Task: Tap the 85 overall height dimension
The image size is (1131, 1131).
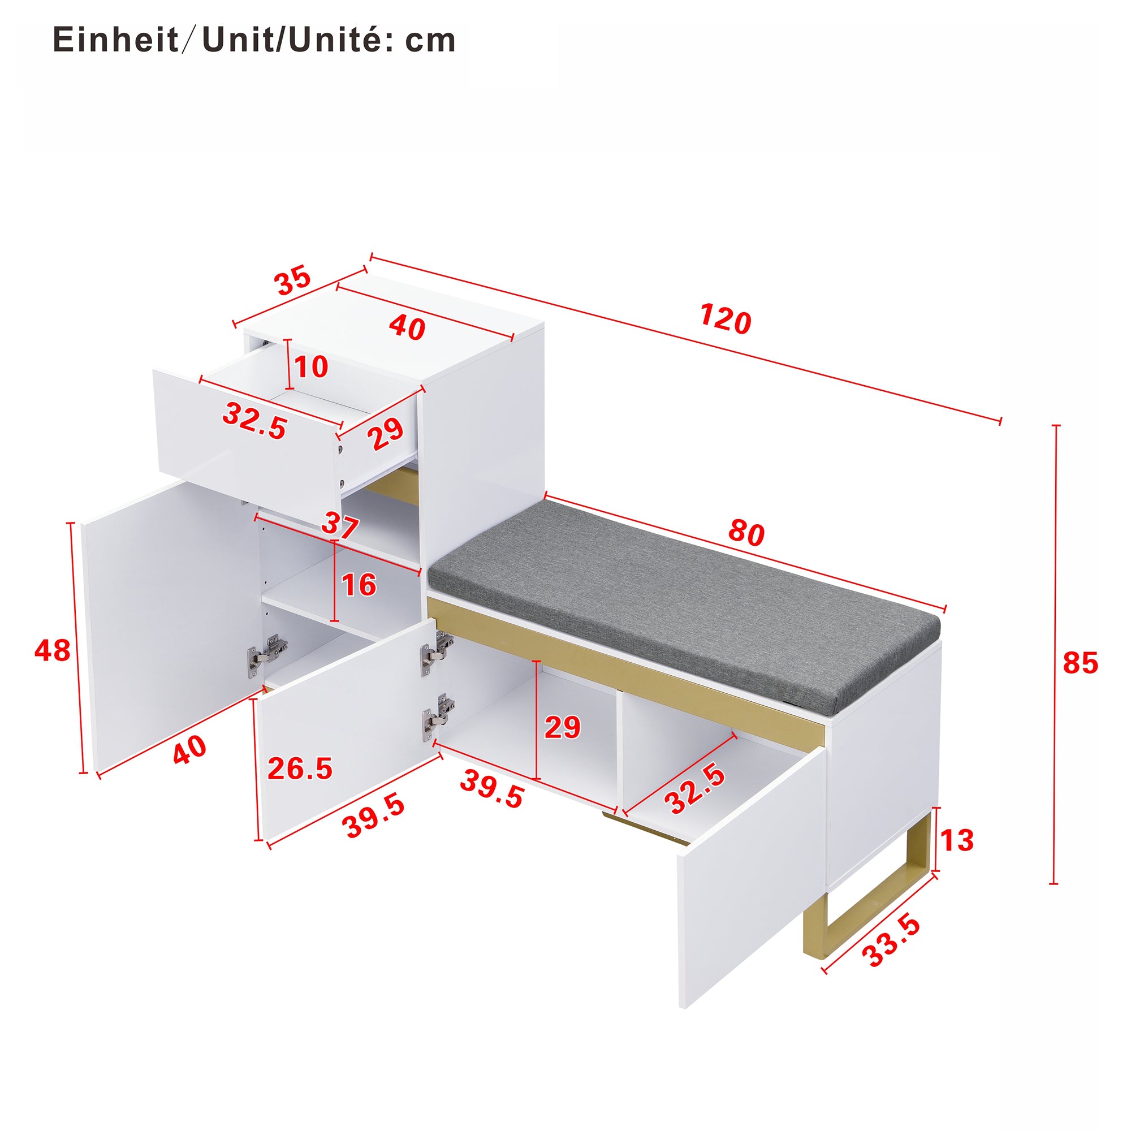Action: click(1080, 664)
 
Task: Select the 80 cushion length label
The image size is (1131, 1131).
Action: click(746, 533)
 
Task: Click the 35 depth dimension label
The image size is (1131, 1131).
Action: click(293, 280)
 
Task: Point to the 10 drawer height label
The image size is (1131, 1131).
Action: click(311, 368)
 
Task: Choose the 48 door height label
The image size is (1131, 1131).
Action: click(52, 650)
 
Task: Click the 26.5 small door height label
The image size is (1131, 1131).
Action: click(300, 769)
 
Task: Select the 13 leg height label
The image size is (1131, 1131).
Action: click(956, 841)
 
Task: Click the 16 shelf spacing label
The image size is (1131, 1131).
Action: click(359, 585)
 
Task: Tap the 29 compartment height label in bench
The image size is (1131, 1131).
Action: click(562, 728)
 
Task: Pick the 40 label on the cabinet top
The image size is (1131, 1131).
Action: click(406, 327)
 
